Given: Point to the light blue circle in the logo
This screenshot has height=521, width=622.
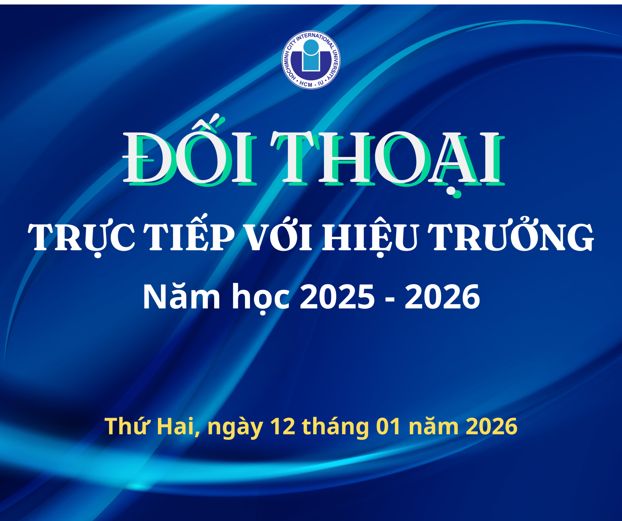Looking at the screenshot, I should (x=311, y=47).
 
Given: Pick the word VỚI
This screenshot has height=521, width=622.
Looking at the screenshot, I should (x=278, y=237).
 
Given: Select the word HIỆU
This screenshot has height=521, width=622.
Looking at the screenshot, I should (x=370, y=237).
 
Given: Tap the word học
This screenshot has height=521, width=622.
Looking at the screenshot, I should (x=261, y=297).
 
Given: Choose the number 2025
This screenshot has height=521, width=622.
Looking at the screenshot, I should (x=338, y=297).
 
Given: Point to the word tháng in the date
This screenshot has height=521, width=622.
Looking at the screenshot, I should (x=335, y=427).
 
